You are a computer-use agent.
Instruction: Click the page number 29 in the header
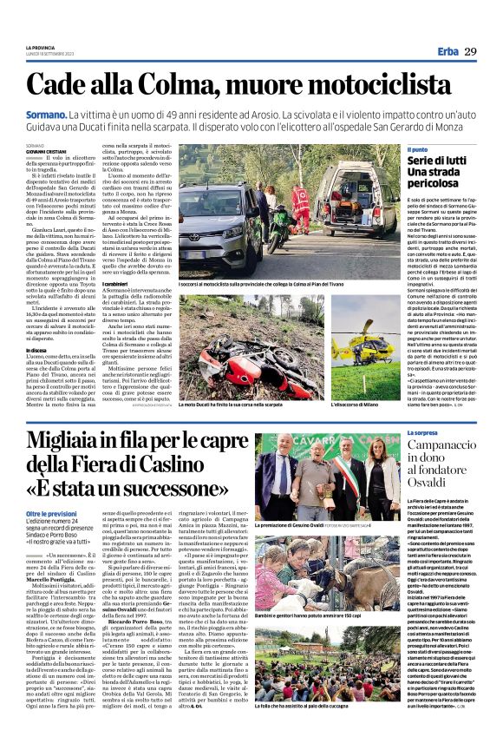coord(470,52)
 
